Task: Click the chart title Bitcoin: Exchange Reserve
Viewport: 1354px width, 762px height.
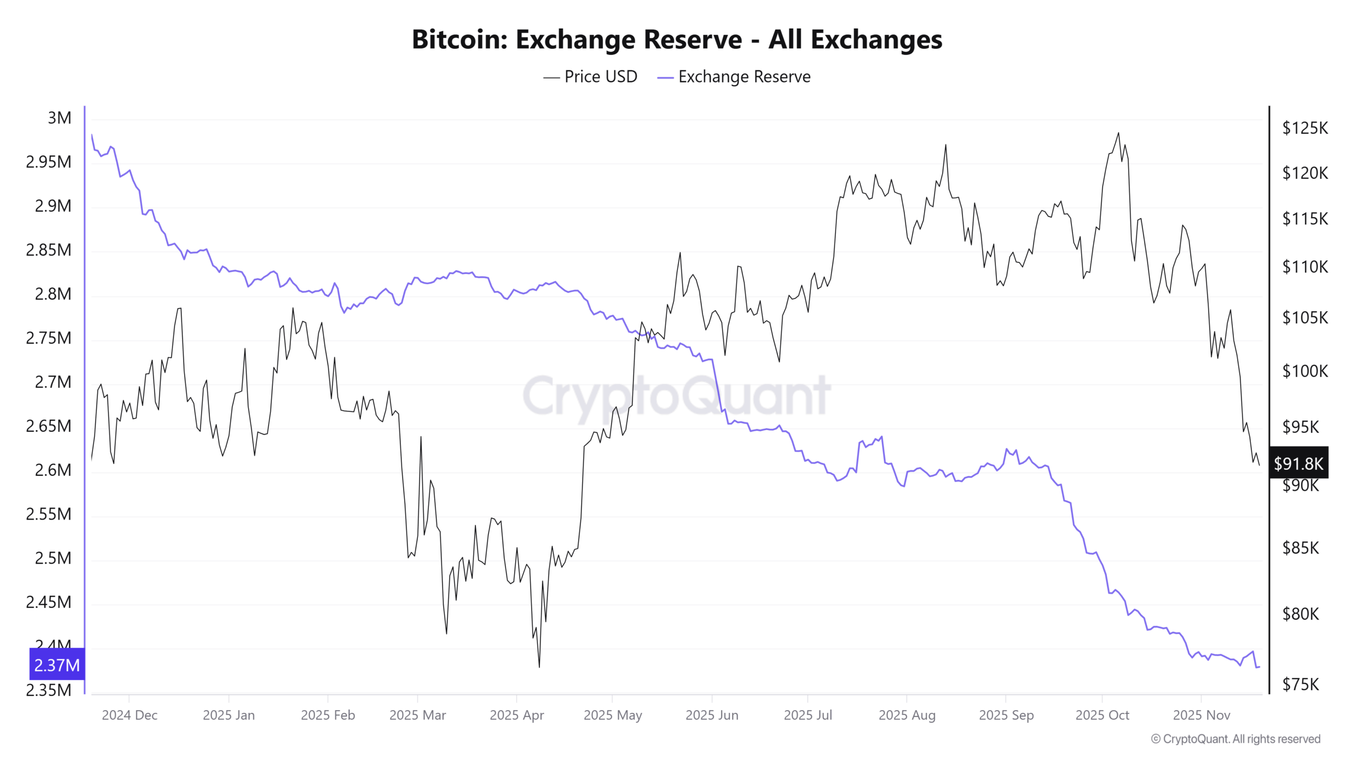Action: tap(676, 40)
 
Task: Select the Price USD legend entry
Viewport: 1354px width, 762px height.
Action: tap(590, 77)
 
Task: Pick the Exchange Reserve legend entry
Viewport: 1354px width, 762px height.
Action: tap(734, 77)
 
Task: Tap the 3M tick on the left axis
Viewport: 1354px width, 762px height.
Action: tap(59, 118)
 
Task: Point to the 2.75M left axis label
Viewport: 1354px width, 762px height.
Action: tap(49, 338)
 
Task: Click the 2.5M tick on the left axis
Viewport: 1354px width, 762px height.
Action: tap(53, 558)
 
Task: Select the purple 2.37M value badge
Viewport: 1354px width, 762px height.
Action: tap(57, 665)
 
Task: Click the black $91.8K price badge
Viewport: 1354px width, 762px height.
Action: tap(1298, 464)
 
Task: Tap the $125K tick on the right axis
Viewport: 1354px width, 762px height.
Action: tap(1305, 128)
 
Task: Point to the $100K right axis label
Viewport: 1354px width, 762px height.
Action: tap(1305, 371)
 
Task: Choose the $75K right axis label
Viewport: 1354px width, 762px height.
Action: tap(1301, 685)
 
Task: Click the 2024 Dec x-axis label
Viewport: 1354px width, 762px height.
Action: tap(130, 715)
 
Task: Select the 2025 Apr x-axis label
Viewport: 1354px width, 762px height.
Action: tap(517, 715)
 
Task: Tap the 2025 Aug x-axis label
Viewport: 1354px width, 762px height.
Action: tap(907, 715)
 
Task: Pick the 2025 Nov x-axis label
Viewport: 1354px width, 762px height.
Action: tap(1202, 715)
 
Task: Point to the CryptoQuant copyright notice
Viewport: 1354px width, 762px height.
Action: tap(1236, 739)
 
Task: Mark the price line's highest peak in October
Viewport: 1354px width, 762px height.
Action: tap(1118, 133)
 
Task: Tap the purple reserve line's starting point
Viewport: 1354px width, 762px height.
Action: tap(92, 135)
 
